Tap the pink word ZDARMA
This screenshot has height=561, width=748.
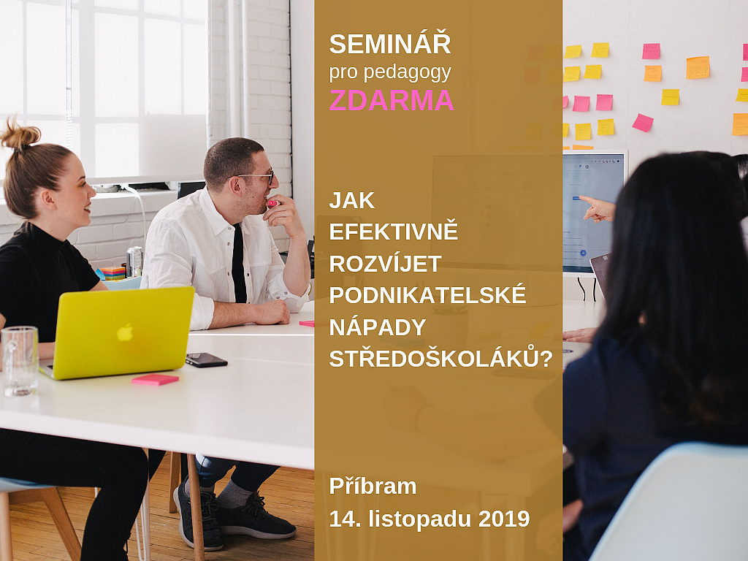[x=392, y=100]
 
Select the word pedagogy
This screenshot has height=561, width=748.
[x=408, y=73]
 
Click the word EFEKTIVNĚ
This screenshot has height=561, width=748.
[x=394, y=231]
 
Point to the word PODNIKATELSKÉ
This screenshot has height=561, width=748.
[x=427, y=294]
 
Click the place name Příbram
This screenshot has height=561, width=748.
[x=373, y=486]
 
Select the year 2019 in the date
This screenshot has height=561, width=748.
[x=504, y=519]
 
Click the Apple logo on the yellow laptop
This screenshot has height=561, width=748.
[x=125, y=332]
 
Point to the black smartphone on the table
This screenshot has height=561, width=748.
[x=205, y=359]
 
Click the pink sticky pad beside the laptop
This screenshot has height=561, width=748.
[x=155, y=379]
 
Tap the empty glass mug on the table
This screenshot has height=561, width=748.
[x=19, y=361]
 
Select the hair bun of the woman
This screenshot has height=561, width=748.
[x=20, y=135]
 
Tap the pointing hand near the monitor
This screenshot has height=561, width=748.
[x=598, y=209]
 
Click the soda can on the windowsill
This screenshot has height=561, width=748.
[x=134, y=262]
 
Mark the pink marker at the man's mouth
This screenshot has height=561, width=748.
[x=272, y=203]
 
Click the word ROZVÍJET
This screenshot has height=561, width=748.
[x=385, y=263]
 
